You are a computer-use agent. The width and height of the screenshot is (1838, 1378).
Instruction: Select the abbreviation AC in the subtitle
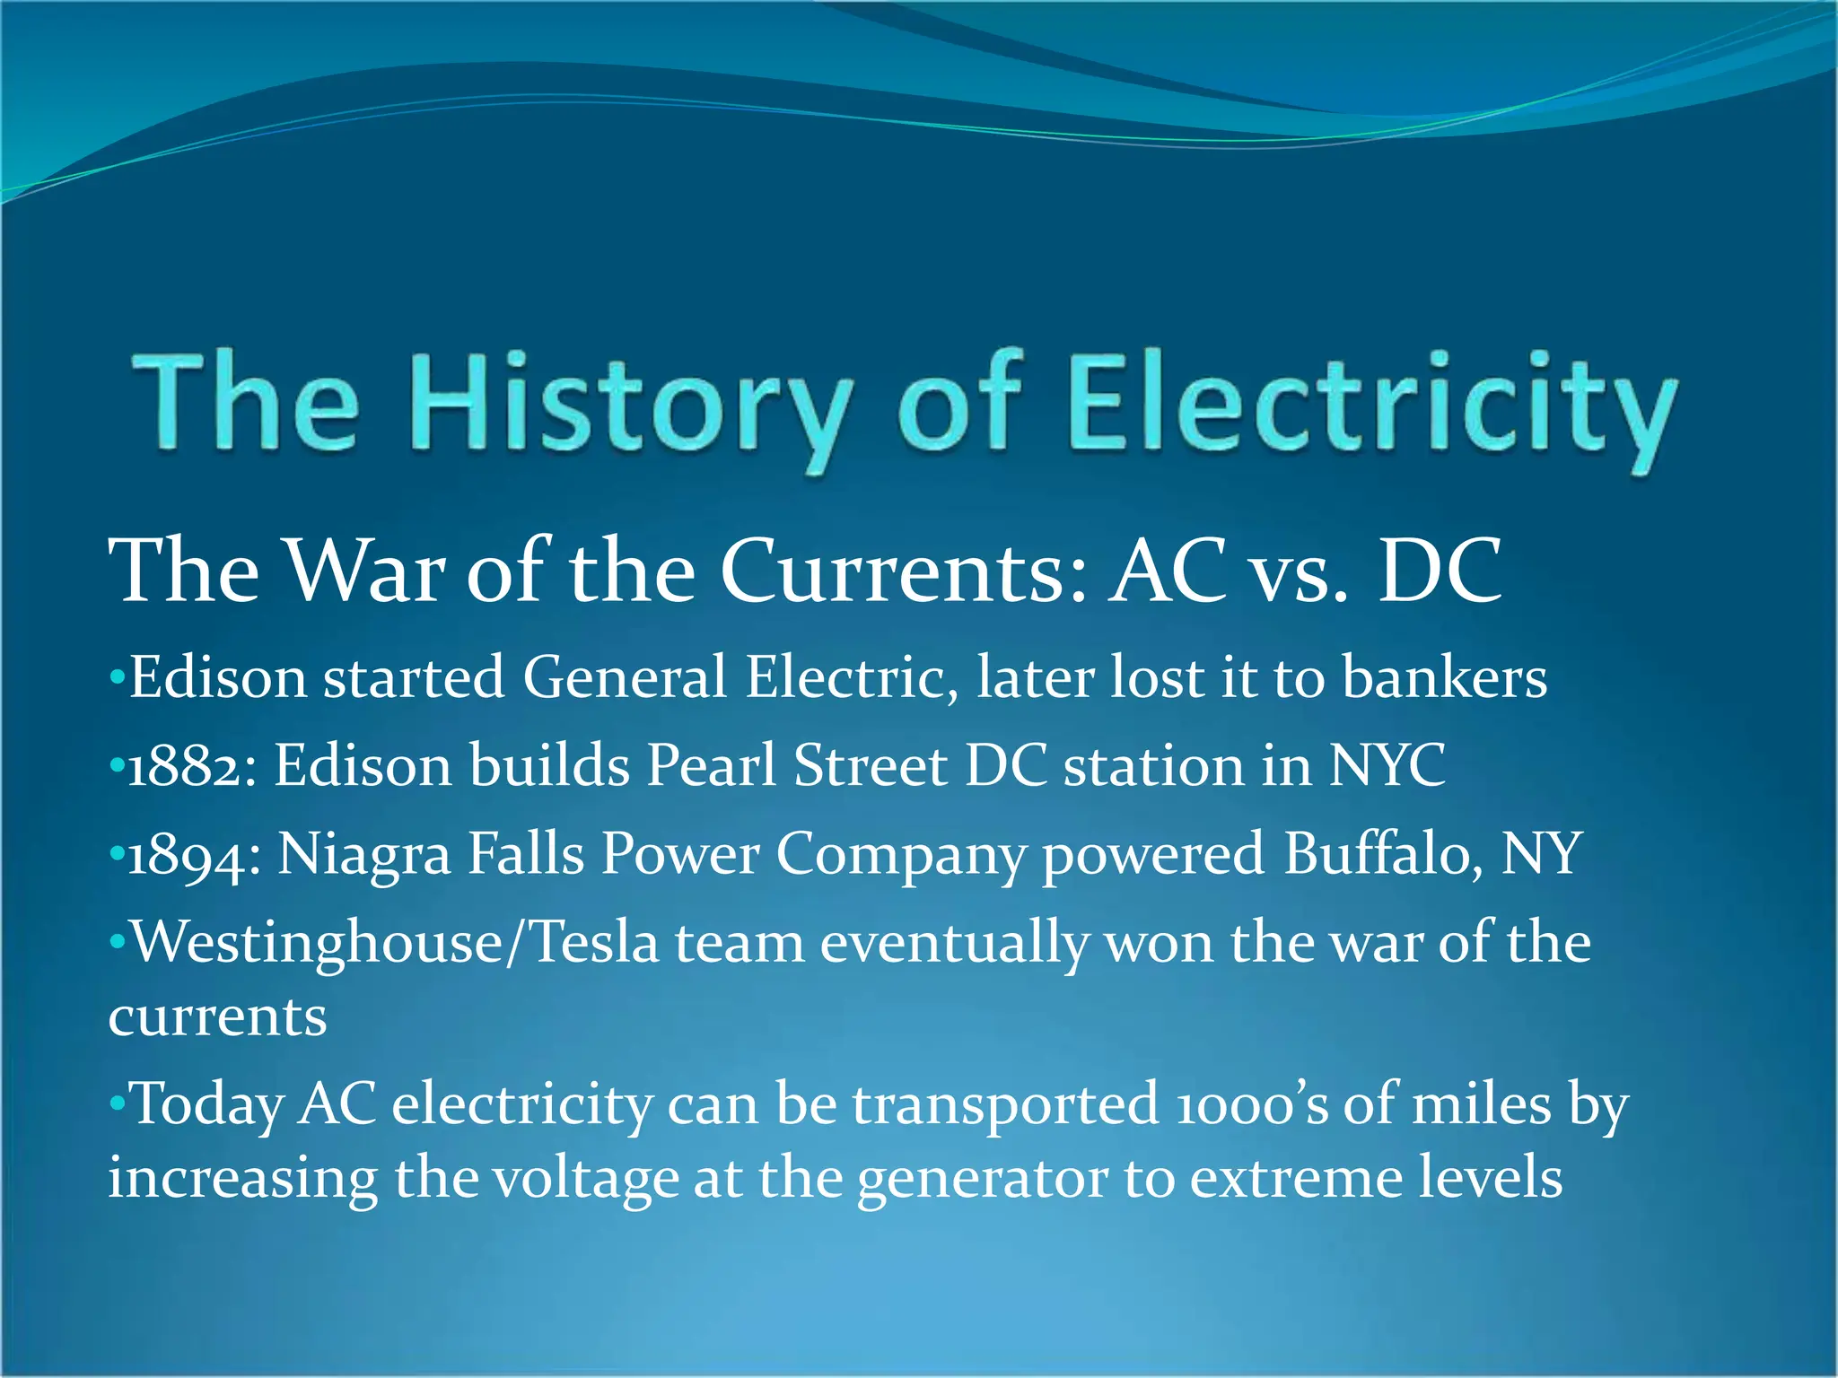click(x=1168, y=571)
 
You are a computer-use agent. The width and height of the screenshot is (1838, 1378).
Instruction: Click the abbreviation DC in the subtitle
click(x=1440, y=571)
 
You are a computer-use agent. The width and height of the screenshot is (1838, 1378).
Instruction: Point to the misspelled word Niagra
click(x=363, y=855)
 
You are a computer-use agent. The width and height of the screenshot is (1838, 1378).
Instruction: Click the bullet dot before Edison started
click(x=116, y=677)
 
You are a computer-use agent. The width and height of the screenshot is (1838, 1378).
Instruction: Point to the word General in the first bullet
click(x=625, y=677)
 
